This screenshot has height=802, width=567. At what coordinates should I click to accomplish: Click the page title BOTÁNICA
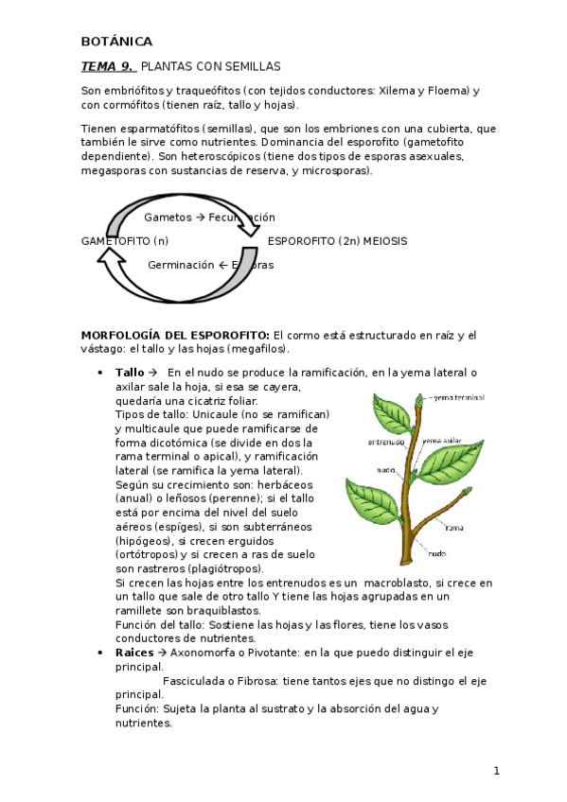(x=116, y=41)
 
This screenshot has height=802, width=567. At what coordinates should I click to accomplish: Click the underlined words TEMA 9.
(x=107, y=66)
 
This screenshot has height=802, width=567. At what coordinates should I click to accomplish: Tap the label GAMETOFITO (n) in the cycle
(x=125, y=241)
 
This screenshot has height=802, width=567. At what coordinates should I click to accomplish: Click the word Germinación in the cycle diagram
(x=181, y=265)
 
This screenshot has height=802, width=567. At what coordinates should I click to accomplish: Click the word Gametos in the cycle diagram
(x=167, y=218)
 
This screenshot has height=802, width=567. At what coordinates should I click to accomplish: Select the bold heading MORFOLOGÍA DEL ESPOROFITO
(x=175, y=335)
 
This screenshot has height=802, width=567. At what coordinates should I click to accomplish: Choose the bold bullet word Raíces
(x=133, y=653)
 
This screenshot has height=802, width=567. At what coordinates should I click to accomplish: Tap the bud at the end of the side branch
(x=465, y=493)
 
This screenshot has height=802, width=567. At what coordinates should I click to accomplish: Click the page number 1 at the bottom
(x=496, y=772)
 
